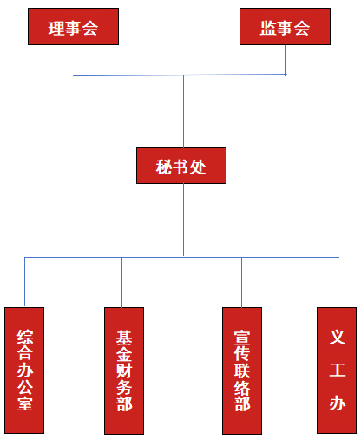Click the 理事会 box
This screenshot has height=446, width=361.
coord(73,26)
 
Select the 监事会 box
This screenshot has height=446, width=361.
coord(285,26)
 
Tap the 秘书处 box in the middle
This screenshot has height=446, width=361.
coord(181,165)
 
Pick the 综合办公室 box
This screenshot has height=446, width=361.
coord(24,371)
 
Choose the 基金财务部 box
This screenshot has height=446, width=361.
coord(124,371)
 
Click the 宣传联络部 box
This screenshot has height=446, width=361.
coord(242,371)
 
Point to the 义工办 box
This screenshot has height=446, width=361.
coord(337,371)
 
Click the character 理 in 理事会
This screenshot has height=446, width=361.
coord(56,29)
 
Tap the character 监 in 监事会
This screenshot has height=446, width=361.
coord(268,28)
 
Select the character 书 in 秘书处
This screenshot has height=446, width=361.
coord(181,167)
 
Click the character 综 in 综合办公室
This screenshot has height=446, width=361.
coord(25,337)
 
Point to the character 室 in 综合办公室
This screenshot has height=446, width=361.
coord(25,403)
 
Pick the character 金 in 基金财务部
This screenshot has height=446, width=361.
coord(124,354)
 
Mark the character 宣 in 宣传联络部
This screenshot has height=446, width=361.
coord(242,338)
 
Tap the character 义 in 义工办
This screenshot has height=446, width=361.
coord(338,337)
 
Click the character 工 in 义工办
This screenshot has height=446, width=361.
coord(338,370)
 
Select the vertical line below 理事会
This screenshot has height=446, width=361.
coord(75,61)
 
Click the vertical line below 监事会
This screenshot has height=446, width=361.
coord(286,60)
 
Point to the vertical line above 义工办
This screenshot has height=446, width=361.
coord(338,282)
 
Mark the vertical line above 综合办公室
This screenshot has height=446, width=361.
coord(24,282)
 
